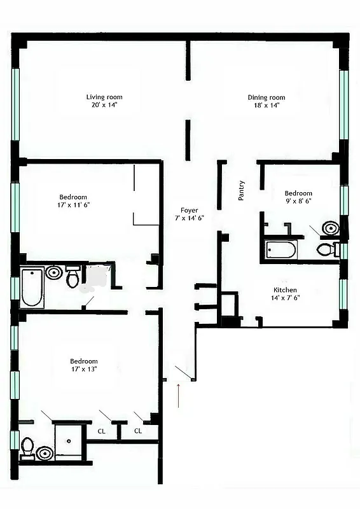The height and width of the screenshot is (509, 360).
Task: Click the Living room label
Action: [105, 101]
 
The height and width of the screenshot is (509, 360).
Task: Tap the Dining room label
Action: [267, 101]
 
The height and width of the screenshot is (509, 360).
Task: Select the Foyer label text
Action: [189, 214]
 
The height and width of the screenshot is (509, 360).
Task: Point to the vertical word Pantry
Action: [242, 190]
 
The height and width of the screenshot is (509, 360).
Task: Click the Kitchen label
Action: [285, 293]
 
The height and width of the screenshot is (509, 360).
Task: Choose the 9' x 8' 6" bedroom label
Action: [298, 197]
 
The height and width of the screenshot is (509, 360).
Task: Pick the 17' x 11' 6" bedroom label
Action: [73, 201]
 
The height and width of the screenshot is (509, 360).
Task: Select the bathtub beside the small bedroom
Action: [280, 249]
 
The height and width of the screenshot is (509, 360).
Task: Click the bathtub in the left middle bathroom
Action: [32, 288]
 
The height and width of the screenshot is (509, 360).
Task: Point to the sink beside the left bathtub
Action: [54, 273]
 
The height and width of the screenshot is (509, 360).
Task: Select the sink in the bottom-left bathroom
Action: [44, 453]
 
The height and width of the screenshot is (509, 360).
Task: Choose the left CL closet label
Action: [101, 431]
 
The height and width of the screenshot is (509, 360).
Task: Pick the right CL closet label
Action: [137, 431]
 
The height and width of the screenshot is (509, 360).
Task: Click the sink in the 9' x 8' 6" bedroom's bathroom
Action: [330, 228]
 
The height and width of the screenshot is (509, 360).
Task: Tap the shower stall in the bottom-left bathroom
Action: [69, 440]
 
